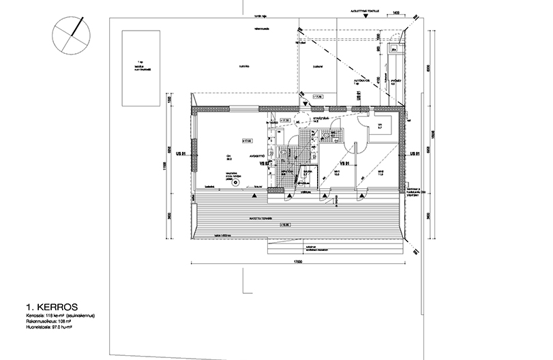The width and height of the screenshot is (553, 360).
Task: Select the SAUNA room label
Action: (307, 172)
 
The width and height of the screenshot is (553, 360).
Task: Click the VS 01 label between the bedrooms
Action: (344, 164)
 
